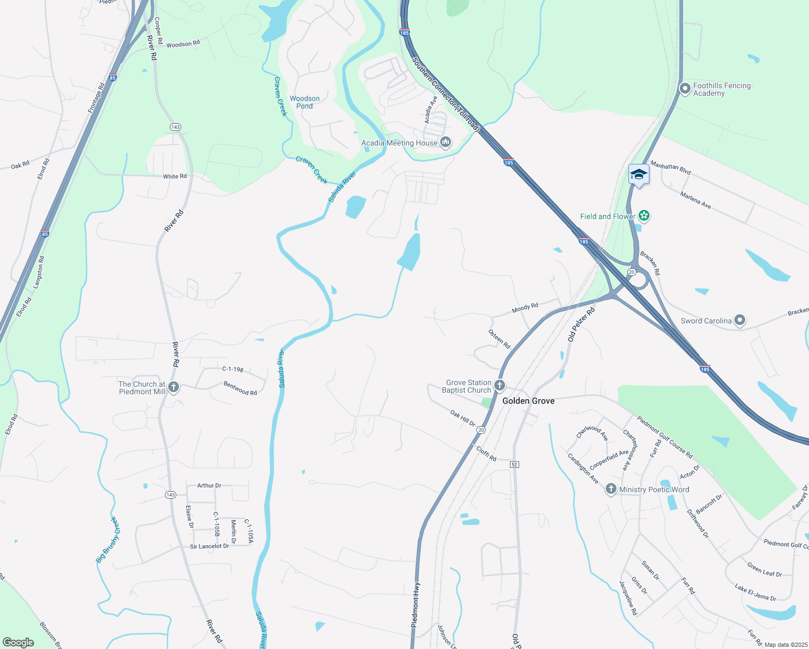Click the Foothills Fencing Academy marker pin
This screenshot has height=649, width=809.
[685, 88]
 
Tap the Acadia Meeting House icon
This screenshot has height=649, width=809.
[446, 143]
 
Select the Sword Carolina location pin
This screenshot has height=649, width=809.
[740, 321]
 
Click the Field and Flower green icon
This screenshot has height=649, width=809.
[644, 216]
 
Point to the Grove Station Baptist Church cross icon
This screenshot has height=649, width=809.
[500, 386]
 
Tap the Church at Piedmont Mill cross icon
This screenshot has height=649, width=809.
[174, 387]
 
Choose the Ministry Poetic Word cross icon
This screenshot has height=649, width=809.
[611, 489]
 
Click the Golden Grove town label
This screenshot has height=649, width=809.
[528, 401]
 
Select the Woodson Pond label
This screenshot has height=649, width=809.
[304, 102]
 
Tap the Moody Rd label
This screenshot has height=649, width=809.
[525, 308]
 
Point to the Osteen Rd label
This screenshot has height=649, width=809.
[499, 339]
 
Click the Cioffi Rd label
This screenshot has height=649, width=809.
[486, 453]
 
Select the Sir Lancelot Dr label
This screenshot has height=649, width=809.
[209, 546]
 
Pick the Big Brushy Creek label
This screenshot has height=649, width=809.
[108, 540]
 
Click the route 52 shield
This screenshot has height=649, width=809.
[514, 465]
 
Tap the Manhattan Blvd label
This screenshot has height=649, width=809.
[671, 168]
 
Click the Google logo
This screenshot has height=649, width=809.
[18, 642]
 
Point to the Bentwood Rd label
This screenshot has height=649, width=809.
[240, 388]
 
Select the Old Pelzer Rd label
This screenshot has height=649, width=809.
[581, 324]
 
